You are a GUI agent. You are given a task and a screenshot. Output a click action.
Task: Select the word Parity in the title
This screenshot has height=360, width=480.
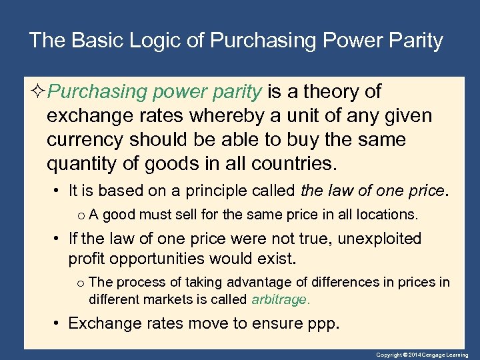(415, 41)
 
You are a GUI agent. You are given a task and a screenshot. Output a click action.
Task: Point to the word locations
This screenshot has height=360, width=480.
(387, 215)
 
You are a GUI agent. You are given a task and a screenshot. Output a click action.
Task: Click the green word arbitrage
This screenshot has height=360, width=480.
(280, 299)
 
